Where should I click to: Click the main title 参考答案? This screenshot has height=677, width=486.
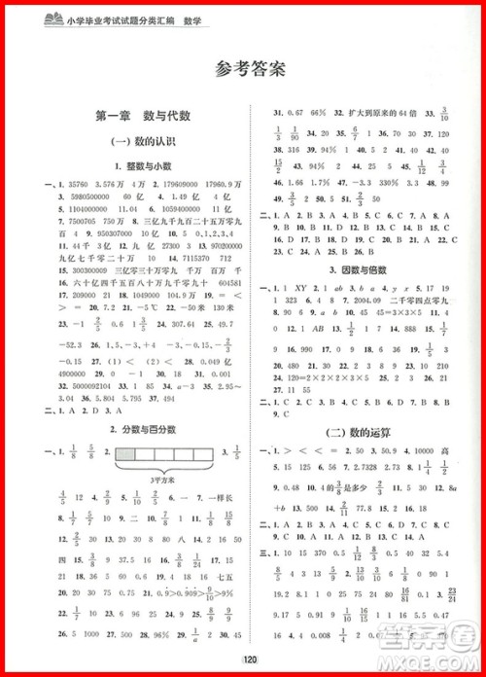pyautogui.click(x=243, y=69)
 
